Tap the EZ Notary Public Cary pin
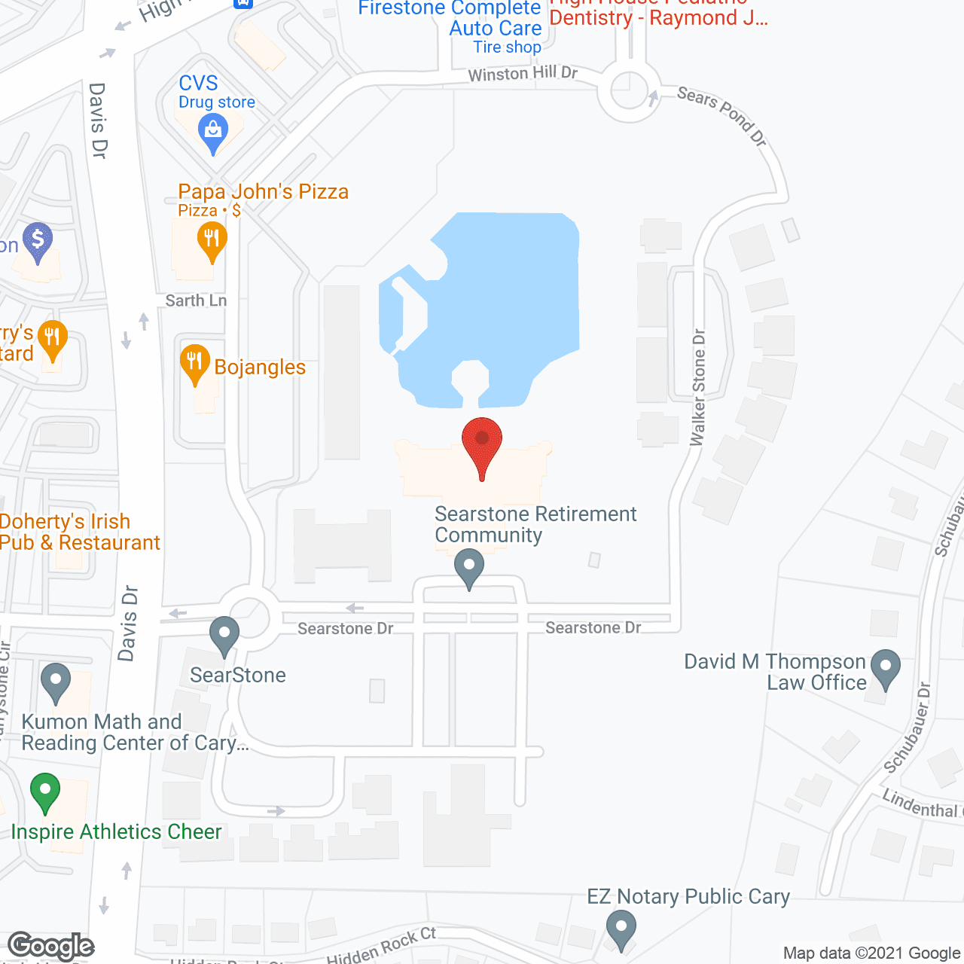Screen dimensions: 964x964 [621, 929]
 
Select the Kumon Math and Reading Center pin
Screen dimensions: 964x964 [55, 682]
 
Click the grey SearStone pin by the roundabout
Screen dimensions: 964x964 [224, 635]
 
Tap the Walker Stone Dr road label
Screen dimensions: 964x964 [698, 387]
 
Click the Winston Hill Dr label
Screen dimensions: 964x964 [523, 73]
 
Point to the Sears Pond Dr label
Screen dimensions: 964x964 [721, 115]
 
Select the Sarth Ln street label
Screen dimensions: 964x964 [196, 300]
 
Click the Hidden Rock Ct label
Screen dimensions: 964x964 [381, 946]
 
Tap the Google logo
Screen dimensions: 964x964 [51, 946]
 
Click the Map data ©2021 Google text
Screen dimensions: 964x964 [871, 953]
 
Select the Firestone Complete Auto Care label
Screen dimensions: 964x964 [450, 19]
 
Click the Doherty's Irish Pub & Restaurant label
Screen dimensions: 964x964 [79, 532]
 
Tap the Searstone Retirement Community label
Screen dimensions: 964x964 [535, 524]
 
